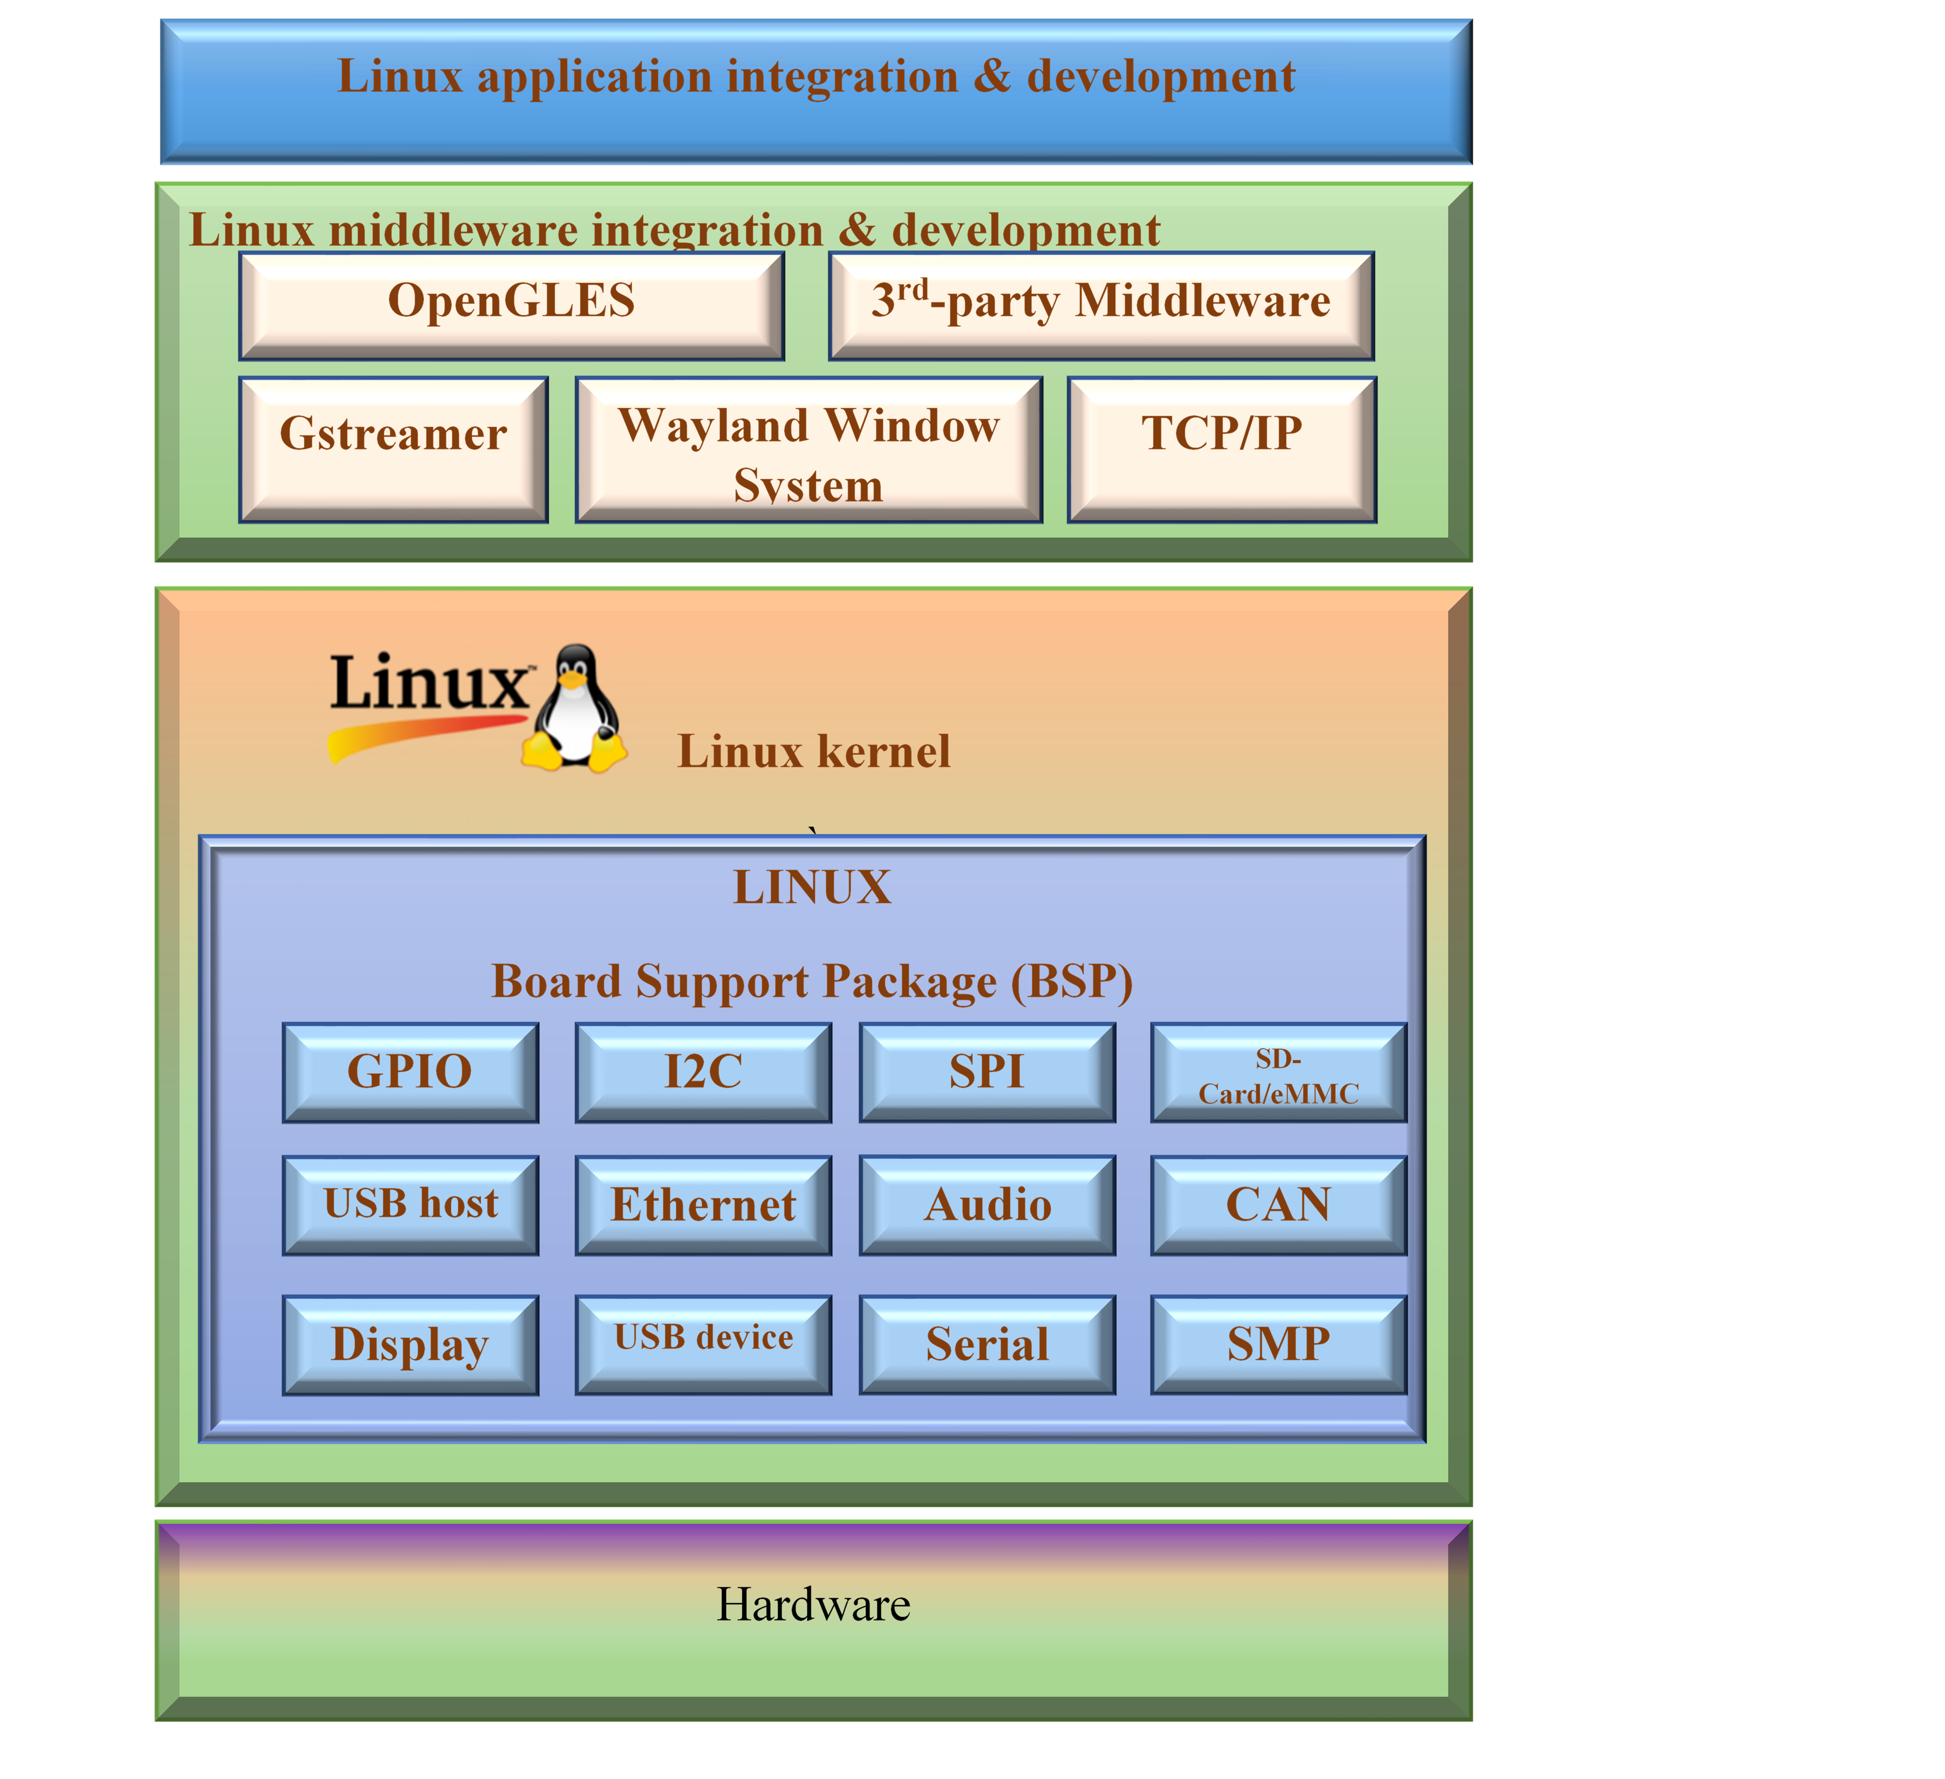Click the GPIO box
click(x=410, y=1072)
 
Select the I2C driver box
click(x=703, y=1072)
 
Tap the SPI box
click(x=987, y=1072)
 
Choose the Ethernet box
click(x=703, y=1205)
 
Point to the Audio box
click(x=987, y=1205)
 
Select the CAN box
click(x=1278, y=1205)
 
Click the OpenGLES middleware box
click(x=511, y=305)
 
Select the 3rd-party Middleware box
click(x=1101, y=305)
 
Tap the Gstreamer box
click(x=394, y=448)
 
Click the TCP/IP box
click(x=1222, y=448)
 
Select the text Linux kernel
click(x=813, y=751)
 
